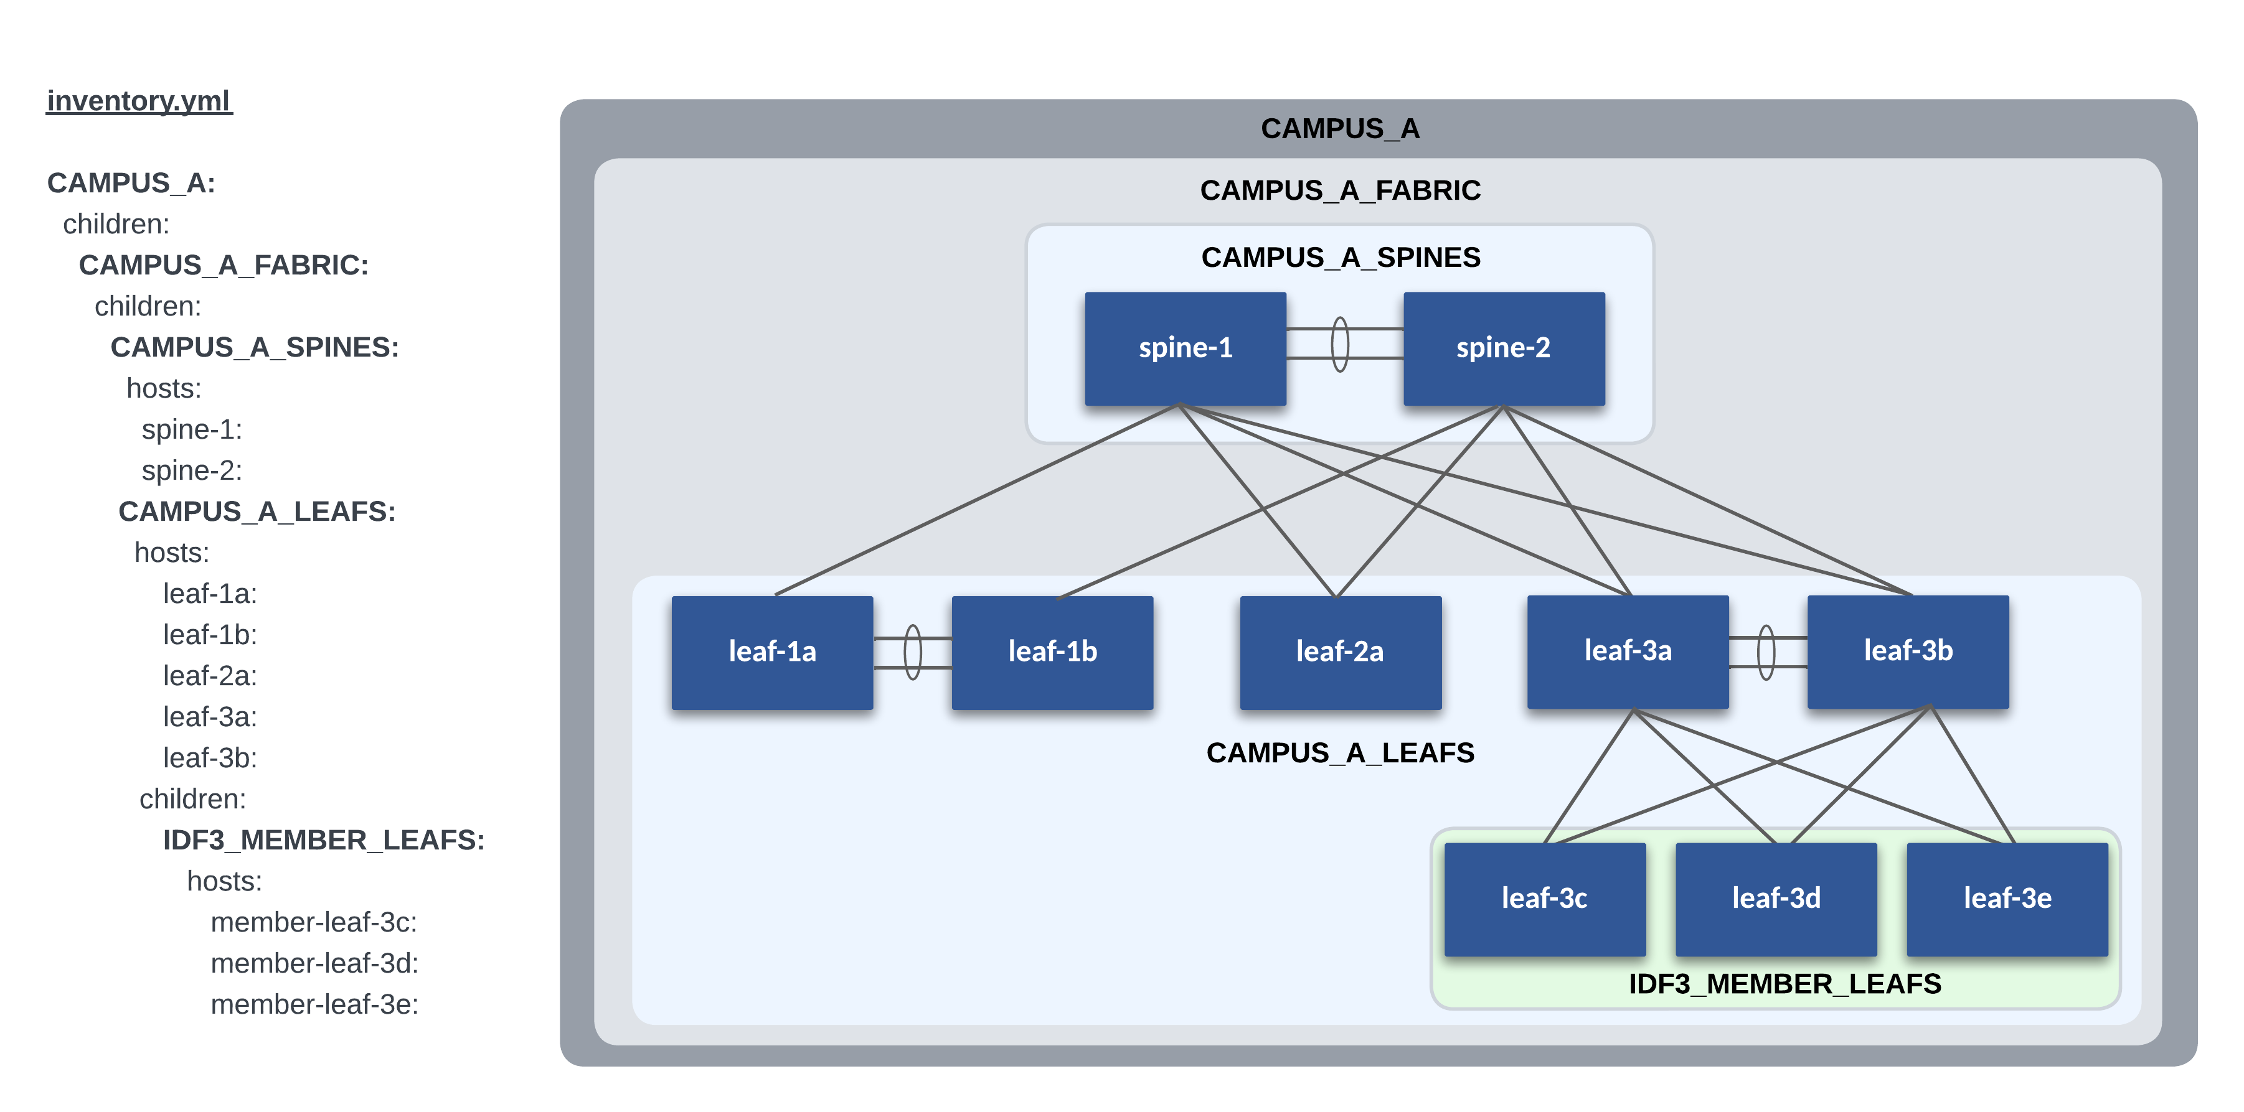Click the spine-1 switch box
[1185, 348]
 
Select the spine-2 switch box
[1504, 348]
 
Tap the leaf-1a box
[772, 652]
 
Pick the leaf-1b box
[1052, 652]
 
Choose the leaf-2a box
[1340, 652]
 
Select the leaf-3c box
[1545, 899]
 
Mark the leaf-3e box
[2007, 899]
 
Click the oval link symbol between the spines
[1341, 344]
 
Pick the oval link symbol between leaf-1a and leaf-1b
[913, 652]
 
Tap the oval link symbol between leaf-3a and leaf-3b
[1766, 652]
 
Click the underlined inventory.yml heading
[139, 101]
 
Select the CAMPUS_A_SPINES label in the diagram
[1341, 258]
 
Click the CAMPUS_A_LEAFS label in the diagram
[1340, 752]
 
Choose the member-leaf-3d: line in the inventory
[314, 963]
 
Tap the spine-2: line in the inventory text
[192, 470]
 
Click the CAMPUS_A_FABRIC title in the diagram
[1340, 190]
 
